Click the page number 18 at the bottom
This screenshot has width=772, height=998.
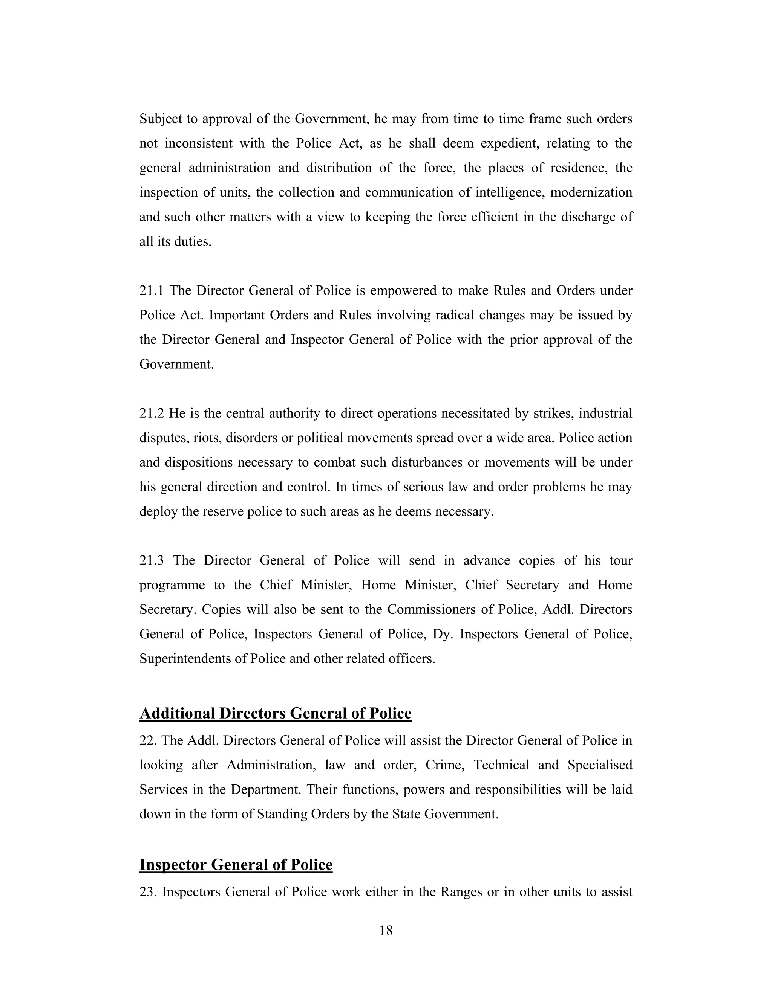click(386, 931)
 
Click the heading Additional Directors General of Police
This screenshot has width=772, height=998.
click(275, 713)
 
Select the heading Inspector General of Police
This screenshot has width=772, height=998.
click(236, 865)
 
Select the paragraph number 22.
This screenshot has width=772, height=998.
click(148, 741)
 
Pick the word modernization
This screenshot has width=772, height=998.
click(591, 192)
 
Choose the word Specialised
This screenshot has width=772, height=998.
click(600, 765)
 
